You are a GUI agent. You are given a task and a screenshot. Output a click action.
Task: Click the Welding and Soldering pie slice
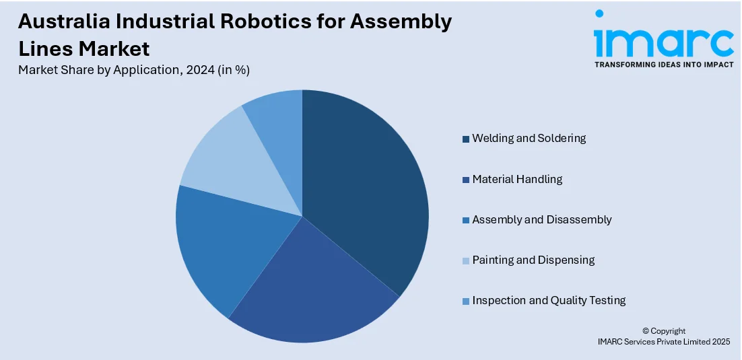click(364, 188)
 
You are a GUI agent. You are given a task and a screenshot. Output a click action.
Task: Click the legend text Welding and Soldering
click(529, 138)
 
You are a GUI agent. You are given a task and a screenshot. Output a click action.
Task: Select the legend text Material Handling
click(517, 179)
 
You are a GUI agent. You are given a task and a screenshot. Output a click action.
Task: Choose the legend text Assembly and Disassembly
click(541, 219)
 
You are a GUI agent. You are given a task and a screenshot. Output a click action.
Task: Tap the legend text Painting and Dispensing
click(533, 260)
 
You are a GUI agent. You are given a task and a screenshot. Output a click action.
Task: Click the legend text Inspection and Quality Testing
click(549, 300)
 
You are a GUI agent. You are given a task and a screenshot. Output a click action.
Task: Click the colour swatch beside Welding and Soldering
click(465, 139)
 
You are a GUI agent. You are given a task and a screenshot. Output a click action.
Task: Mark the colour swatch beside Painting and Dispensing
click(465, 260)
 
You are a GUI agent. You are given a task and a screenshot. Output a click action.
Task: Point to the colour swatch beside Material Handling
click(465, 180)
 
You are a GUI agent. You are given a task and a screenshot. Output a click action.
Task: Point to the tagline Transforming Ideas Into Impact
click(663, 65)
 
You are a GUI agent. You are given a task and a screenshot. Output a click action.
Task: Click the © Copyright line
click(663, 331)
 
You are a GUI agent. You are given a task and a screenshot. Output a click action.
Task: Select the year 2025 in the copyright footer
click(720, 342)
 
